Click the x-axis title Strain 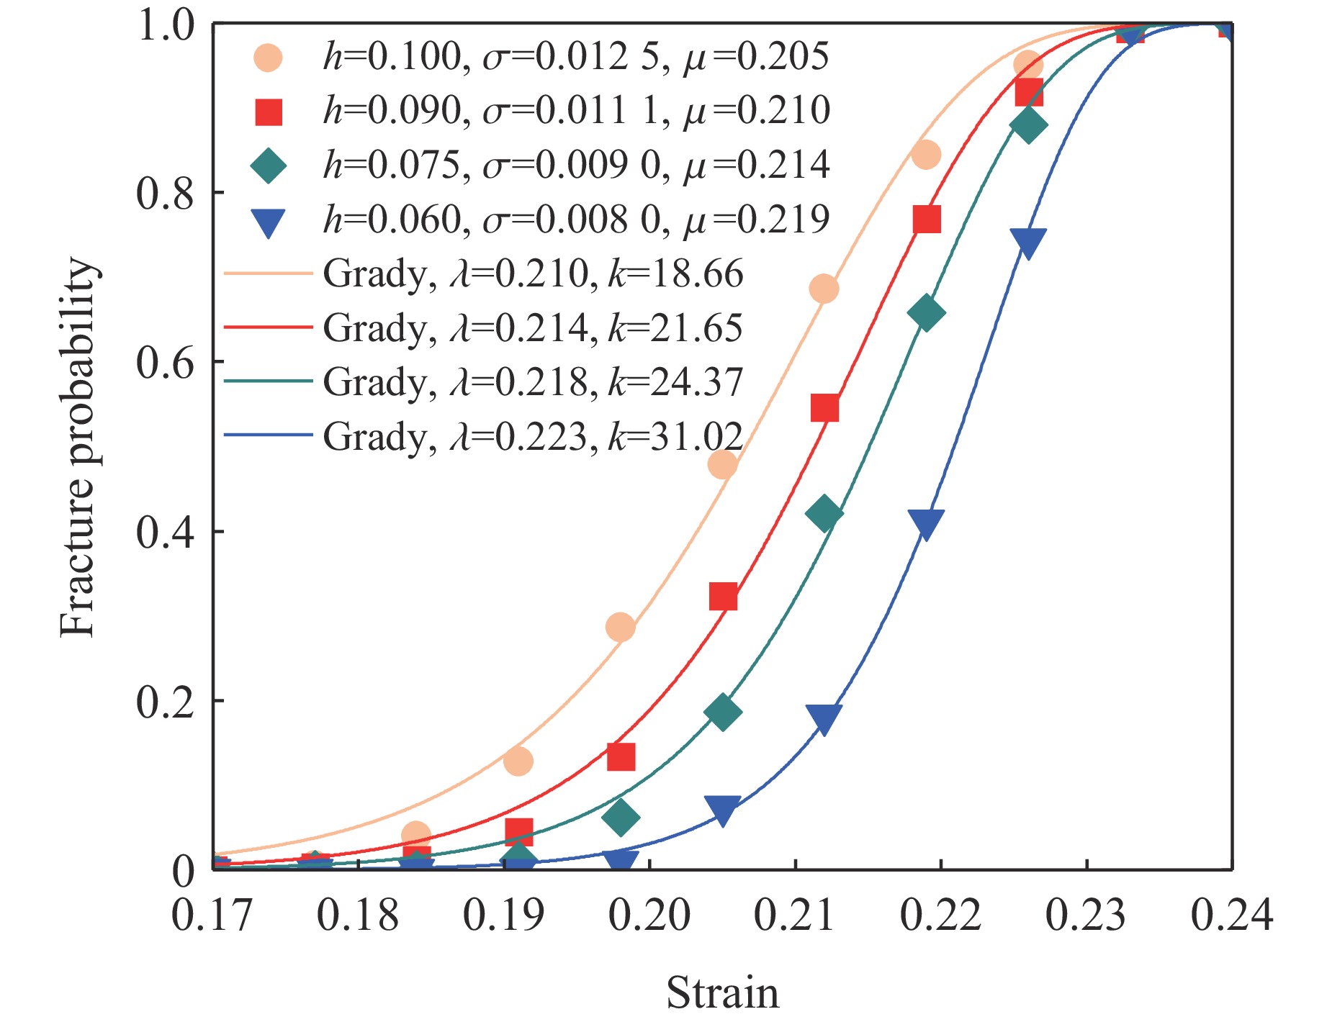point(722,992)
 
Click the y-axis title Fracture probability point(78,448)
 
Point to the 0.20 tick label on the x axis point(649,915)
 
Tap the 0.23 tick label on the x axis point(1086,915)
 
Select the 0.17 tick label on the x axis point(212,915)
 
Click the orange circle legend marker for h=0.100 point(268,58)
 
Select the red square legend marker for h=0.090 point(268,112)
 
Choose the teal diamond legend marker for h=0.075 point(268,166)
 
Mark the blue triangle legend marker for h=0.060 point(268,222)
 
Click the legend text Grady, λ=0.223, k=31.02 point(533,436)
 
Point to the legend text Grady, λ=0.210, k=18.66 point(533,274)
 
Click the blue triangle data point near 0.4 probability point(926,523)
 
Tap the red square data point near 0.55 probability point(824,408)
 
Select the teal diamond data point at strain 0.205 point(723,712)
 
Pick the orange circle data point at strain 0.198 point(621,627)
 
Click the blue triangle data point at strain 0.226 point(1027,243)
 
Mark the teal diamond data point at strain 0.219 point(926,312)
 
